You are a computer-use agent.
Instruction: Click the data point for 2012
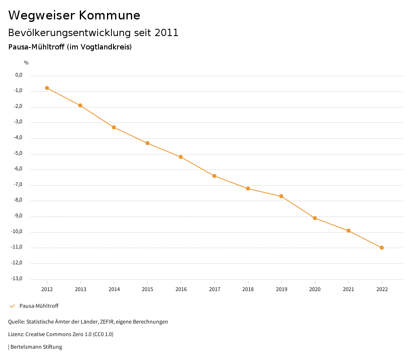47,88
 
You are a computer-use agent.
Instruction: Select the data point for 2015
148,143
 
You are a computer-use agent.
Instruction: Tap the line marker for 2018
248,189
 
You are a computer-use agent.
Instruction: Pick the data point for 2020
315,218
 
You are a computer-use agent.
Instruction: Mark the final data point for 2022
382,248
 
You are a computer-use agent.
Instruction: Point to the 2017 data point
214,176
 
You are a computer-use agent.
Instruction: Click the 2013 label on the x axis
81,289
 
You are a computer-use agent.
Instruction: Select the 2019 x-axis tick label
282,289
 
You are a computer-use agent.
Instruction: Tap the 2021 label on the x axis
349,289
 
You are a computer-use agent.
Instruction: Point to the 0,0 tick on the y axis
19,75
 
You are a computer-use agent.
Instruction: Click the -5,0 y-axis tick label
18,153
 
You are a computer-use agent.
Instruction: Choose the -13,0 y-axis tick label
17,279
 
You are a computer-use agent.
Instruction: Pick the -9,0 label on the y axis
18,216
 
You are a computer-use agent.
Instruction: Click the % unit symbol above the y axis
26,62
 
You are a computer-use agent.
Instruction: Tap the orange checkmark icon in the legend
12,306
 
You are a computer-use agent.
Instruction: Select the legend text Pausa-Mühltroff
39,306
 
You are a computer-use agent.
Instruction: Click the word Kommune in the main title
109,15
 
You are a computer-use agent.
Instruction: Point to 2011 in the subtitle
167,33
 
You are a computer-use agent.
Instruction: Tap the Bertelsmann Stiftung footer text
36,347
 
